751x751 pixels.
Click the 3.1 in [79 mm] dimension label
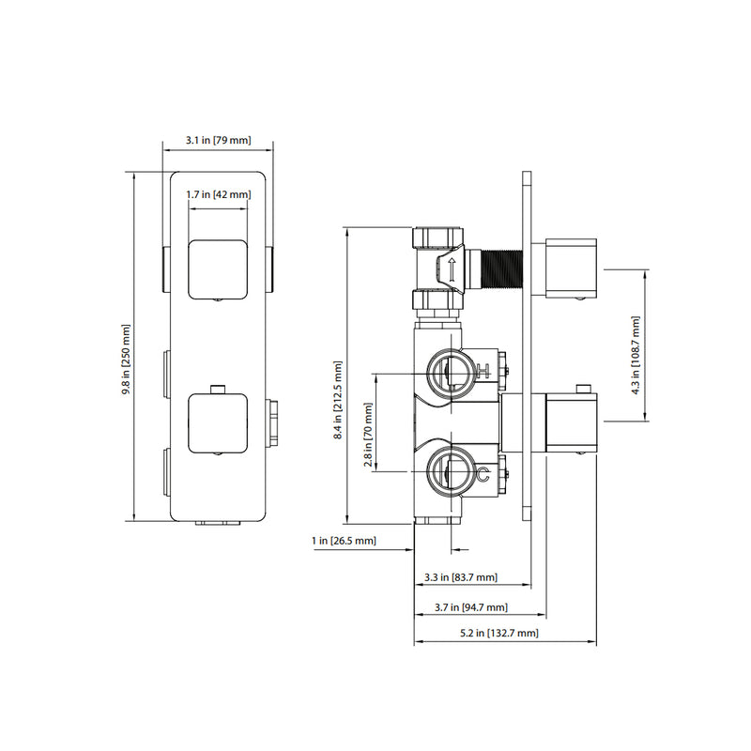tap(218, 140)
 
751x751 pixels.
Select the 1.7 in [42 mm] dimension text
tap(218, 194)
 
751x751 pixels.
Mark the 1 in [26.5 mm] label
tap(345, 541)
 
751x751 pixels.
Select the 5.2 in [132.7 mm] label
tap(501, 634)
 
